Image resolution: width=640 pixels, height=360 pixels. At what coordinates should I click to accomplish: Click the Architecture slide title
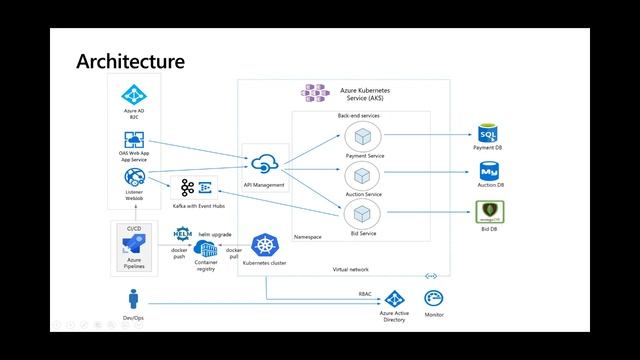130,62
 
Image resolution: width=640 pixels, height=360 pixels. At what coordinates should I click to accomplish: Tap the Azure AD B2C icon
134,96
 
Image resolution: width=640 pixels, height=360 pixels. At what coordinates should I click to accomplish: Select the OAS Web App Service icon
134,140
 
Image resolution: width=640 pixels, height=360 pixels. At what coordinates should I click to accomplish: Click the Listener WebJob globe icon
134,178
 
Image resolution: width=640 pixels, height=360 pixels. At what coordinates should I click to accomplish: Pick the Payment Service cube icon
364,137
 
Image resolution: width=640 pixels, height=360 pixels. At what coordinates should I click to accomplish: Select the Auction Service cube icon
364,175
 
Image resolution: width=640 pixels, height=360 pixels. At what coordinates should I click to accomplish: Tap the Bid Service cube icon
364,213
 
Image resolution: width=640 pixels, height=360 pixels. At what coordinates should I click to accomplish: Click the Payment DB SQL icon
488,135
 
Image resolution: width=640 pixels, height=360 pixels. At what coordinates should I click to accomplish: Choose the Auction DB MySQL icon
488,172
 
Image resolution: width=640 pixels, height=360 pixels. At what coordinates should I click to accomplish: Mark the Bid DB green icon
488,212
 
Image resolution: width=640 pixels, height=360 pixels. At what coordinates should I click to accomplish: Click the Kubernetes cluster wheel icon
265,246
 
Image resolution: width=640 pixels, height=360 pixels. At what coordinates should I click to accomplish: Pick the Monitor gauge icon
434,298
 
